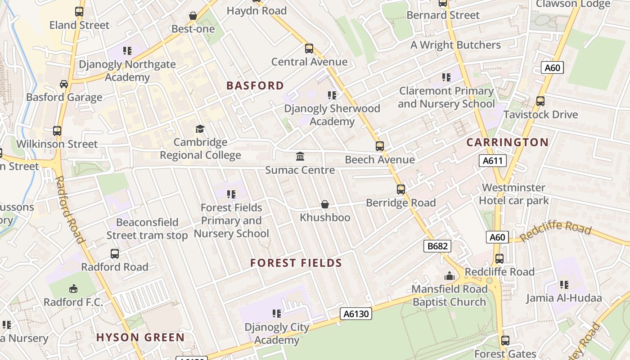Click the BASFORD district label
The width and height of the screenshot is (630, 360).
coord(255,85)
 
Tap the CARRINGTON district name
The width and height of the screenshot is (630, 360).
coord(507,143)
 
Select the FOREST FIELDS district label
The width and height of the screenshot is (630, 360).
coord(296,263)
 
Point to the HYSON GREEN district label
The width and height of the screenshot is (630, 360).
coord(140,337)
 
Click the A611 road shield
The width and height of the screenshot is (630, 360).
coord(493,161)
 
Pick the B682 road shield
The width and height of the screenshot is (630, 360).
coord(437,246)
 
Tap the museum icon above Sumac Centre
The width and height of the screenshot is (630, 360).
coord(300,157)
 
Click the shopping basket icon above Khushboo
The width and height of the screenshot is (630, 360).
coord(325,205)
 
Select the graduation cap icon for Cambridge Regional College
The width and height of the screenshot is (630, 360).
coord(200,129)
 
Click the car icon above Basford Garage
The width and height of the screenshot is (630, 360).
coord(64,84)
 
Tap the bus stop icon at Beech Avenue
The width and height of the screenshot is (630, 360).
coord(380,146)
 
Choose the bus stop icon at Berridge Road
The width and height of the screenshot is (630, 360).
coord(401,189)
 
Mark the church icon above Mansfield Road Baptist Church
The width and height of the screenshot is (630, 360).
coord(450,276)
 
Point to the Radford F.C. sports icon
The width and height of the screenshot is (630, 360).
coord(73,288)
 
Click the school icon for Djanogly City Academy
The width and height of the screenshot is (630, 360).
coord(277,314)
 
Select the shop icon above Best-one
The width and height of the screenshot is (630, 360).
coord(193,16)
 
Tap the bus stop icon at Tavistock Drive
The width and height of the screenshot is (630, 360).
coord(540,101)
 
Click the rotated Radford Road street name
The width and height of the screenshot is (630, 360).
coord(70,209)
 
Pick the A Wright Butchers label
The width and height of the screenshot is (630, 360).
coord(455,45)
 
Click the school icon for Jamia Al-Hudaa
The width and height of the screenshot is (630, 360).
coord(564,285)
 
